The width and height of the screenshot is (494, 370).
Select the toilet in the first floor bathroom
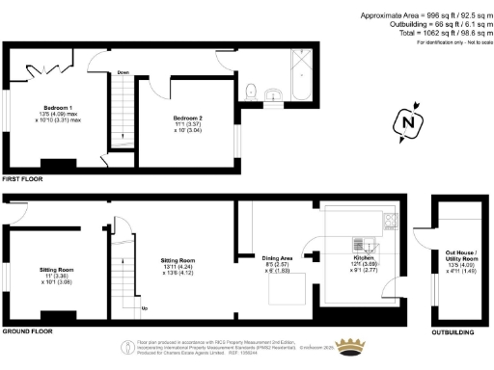point(251,92)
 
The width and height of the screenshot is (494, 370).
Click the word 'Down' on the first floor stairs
point(123,72)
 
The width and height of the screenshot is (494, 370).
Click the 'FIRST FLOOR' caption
point(24,180)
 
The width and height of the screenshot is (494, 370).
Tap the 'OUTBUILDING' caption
point(453,330)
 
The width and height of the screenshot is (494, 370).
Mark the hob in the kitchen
point(389,220)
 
